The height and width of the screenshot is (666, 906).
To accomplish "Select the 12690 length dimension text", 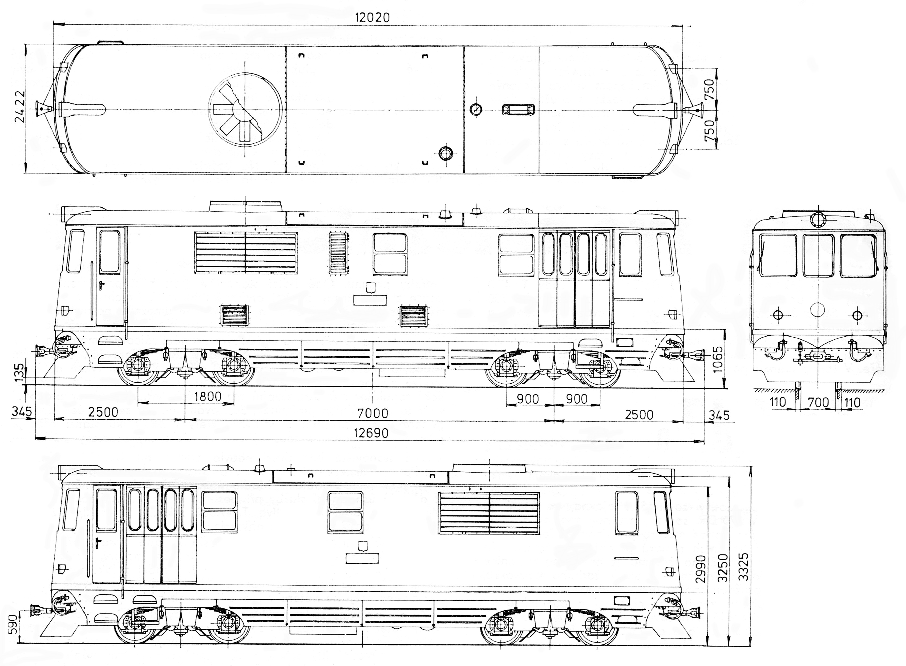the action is click(371, 433).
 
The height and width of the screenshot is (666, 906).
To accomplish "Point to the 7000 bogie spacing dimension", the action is click(373, 413).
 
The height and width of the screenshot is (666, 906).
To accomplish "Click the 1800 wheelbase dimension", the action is click(208, 397).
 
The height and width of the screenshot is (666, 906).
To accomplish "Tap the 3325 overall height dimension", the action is click(743, 566).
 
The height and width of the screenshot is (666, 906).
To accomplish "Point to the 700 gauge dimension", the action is click(819, 402).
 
